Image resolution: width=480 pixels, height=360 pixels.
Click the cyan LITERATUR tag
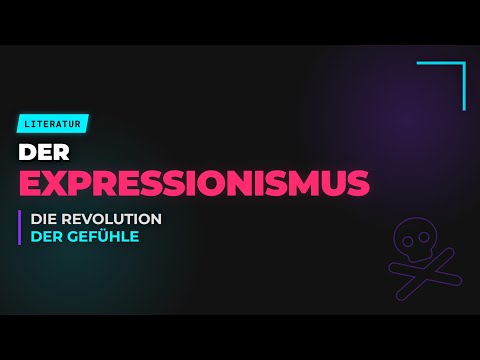[x=53, y=124]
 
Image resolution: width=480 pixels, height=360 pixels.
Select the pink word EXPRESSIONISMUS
[x=194, y=183]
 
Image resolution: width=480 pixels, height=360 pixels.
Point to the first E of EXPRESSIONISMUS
[x=32, y=183]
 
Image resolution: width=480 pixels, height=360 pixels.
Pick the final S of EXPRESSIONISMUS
[x=357, y=183]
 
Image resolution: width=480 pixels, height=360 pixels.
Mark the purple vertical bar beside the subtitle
[x=19, y=228]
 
